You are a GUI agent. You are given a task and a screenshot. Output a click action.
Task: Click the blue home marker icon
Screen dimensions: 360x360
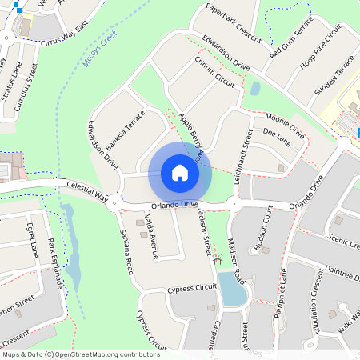click(x=179, y=172)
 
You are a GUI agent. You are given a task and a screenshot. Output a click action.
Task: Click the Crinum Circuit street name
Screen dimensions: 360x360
click(x=214, y=70)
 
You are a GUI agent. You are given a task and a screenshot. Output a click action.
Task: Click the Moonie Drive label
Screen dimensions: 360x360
click(x=283, y=124)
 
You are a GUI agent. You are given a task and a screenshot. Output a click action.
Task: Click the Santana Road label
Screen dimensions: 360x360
click(x=126, y=251)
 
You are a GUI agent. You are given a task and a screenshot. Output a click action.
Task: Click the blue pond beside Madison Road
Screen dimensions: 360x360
click(x=231, y=290)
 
